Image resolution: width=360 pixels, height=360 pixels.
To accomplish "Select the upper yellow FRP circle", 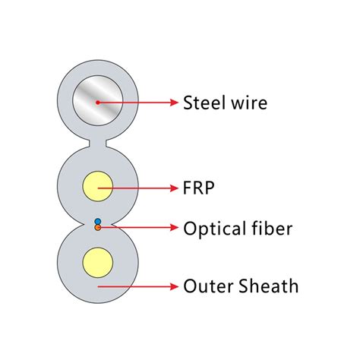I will [97, 186].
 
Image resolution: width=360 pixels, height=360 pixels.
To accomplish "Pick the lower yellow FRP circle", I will [97, 262].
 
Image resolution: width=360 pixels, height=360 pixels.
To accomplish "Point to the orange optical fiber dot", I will [97, 227].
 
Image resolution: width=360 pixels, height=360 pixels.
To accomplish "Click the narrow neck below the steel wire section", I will [97, 141].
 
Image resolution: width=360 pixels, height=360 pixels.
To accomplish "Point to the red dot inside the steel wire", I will [97, 102].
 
